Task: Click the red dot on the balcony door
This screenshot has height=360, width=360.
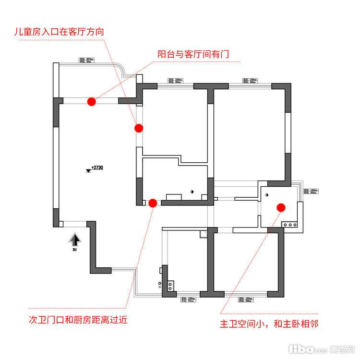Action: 91,101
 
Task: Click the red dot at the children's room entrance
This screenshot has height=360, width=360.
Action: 139,128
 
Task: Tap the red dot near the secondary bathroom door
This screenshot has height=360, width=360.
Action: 153,203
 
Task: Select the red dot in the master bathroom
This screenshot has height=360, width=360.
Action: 281,207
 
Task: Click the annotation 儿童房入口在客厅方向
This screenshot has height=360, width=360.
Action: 60,32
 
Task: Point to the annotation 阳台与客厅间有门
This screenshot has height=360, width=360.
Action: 193,54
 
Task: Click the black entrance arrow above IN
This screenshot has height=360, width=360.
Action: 74,239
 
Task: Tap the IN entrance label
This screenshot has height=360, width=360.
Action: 74,250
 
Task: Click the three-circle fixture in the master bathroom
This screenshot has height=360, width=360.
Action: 289,225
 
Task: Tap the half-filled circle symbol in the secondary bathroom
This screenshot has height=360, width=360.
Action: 192,192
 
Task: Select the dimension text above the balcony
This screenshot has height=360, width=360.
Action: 86,61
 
